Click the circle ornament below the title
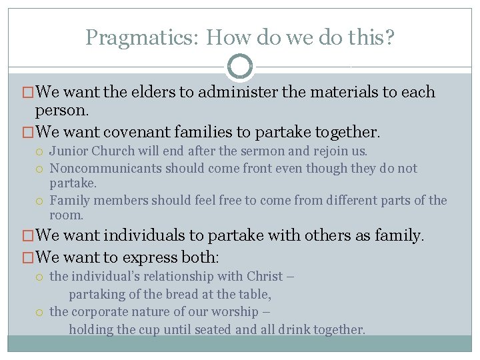click(x=240, y=67)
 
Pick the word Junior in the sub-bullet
click(x=69, y=151)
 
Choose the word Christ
click(x=265, y=276)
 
